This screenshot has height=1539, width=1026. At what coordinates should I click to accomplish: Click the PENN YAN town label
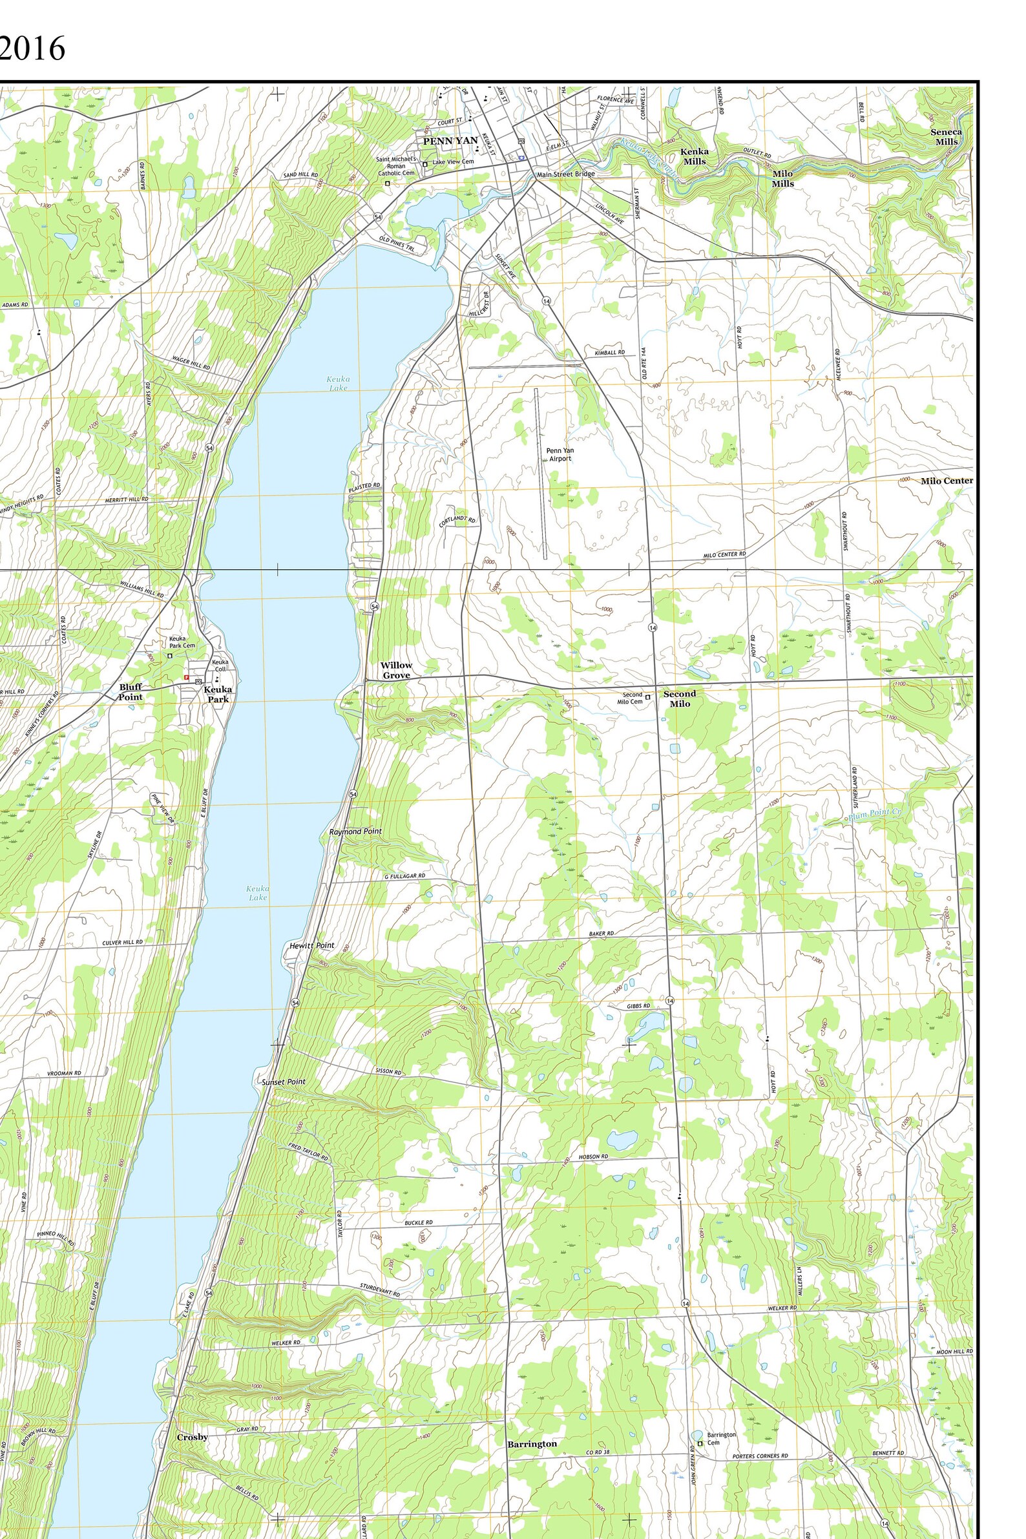pyautogui.click(x=450, y=141)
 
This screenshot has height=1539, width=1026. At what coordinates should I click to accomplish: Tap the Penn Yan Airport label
pyautogui.click(x=560, y=455)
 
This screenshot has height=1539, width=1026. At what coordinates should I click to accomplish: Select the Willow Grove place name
pyautogui.click(x=397, y=670)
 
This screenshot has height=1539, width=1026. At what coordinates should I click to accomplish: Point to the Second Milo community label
pyautogui.click(x=679, y=699)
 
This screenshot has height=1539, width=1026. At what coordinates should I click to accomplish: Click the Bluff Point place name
pyautogui.click(x=131, y=691)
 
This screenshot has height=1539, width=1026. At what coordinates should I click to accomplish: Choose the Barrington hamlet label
pyautogui.click(x=532, y=1443)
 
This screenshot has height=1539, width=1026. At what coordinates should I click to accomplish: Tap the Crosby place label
pyautogui.click(x=193, y=1437)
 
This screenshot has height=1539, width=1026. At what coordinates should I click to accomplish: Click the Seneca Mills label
pyautogui.click(x=946, y=137)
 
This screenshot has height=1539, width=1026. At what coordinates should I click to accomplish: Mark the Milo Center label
pyautogui.click(x=946, y=481)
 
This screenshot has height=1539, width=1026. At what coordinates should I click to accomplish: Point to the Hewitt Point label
pyautogui.click(x=311, y=945)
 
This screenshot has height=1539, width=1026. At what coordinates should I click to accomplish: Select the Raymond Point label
pyautogui.click(x=355, y=832)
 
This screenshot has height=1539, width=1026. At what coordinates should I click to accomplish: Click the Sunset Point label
pyautogui.click(x=284, y=1082)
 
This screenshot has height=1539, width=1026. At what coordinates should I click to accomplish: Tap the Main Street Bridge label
pyautogui.click(x=565, y=174)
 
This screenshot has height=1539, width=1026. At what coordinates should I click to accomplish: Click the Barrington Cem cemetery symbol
pyautogui.click(x=700, y=1443)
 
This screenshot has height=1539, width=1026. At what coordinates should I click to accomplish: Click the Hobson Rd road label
pyautogui.click(x=593, y=1157)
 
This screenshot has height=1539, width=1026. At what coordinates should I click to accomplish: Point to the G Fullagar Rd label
pyautogui.click(x=404, y=876)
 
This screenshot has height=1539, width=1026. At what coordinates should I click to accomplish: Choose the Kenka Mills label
pyautogui.click(x=695, y=156)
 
